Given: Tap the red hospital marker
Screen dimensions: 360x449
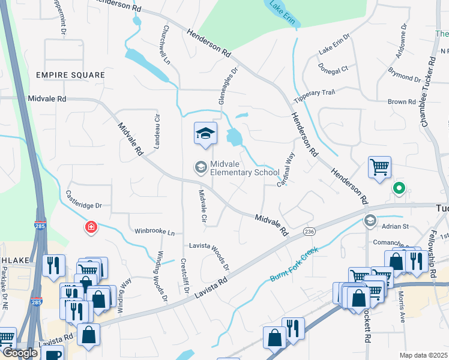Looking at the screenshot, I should coord(91,227).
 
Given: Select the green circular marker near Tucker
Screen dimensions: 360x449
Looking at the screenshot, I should coord(399,188).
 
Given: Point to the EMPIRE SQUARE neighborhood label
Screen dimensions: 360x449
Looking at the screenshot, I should coord(70,75).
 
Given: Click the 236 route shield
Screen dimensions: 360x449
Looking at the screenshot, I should coord(310,231).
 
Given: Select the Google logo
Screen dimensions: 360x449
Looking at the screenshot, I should coord(20,353).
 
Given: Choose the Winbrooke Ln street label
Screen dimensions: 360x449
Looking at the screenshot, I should coord(154,231).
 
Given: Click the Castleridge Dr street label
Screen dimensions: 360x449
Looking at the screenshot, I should coord(84,199).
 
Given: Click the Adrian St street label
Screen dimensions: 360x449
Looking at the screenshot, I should coord(396,226).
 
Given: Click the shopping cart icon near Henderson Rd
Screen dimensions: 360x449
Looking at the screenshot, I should coord(379,169).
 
